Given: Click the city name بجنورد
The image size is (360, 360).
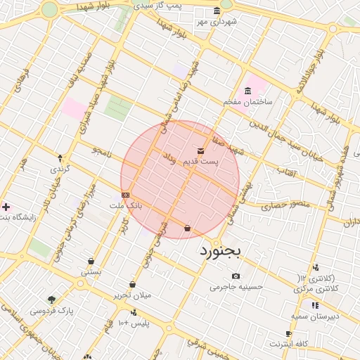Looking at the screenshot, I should click(220, 250).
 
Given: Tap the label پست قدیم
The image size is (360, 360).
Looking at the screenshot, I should click(201, 162).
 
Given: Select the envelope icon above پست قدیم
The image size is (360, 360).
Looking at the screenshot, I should click(201, 151).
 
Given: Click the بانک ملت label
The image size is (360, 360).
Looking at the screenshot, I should click(126, 205).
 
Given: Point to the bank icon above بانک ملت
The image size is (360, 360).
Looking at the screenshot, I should click(125, 195).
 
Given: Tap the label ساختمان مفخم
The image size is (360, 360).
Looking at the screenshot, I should click(247, 102).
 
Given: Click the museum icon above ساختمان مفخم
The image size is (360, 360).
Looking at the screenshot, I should click(247, 91).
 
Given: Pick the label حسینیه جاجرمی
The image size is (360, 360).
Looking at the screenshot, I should click(236, 287).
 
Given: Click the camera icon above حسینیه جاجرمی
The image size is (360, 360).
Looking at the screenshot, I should click(236, 276).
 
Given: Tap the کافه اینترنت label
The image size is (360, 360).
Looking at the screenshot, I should click(289, 344).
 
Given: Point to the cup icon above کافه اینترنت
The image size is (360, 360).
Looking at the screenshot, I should click(288, 333).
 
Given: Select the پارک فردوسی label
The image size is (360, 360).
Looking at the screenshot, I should click(51, 310).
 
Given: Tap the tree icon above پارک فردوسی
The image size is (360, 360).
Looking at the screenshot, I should click(51, 300).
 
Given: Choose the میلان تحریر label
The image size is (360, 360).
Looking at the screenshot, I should click(133, 295).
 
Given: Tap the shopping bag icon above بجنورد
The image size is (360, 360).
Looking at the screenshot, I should click(187, 228).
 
